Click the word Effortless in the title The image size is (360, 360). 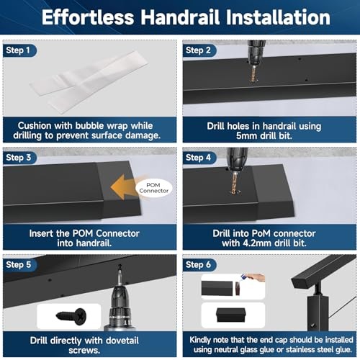[89, 17]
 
